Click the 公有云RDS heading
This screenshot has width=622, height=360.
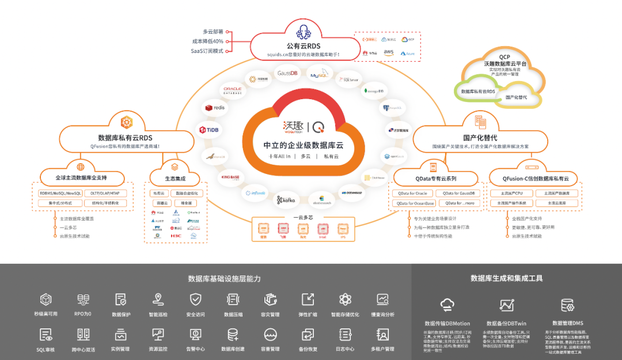303,46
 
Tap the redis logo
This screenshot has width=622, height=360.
215,108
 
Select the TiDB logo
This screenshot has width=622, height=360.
210,130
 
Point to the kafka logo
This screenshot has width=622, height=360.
286,200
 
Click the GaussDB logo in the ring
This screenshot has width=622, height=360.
287,73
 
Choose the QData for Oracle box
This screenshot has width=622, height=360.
413,193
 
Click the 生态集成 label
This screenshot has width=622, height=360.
175,178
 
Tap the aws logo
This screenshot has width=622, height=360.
389,52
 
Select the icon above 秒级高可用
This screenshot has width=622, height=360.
45,300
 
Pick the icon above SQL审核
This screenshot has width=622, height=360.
45,335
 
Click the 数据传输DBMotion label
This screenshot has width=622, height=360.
447,323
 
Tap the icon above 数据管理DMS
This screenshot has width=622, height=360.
567,305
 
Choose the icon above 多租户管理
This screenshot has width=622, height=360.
382,335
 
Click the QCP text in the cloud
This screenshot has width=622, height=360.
505,57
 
